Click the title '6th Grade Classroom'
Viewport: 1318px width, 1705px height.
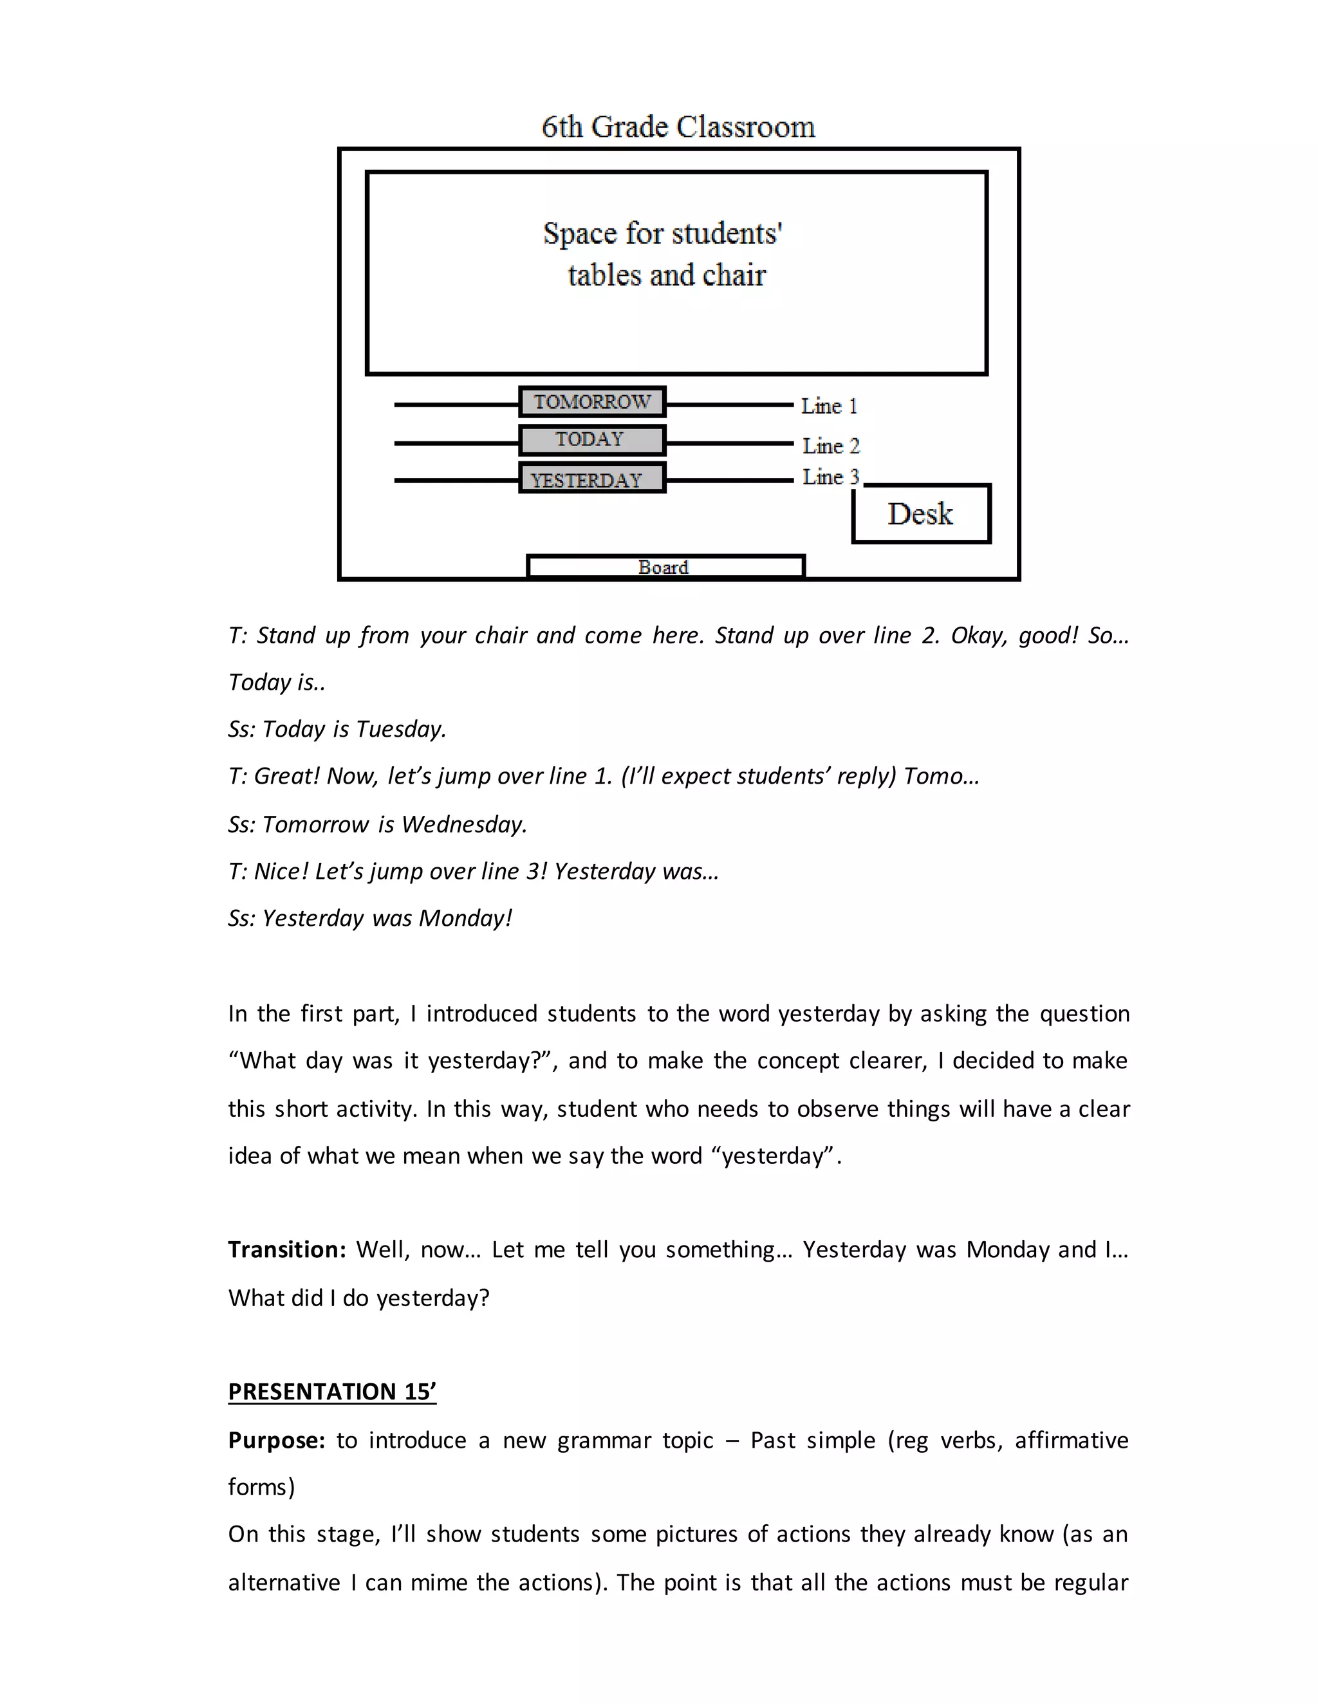pos(678,127)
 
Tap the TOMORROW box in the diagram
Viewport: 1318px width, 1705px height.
pos(592,402)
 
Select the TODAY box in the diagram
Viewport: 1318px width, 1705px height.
pos(592,439)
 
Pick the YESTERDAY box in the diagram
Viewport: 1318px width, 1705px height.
pos(592,479)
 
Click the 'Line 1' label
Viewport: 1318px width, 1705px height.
pos(828,406)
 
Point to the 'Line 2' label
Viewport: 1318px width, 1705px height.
pos(830,446)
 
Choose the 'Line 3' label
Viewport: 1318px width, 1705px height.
pos(830,477)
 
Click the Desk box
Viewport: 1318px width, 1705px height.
pos(920,513)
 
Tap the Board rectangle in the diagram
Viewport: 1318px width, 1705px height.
pos(664,567)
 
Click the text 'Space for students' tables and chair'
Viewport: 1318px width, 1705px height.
pos(664,253)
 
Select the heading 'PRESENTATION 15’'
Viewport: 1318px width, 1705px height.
pos(332,1391)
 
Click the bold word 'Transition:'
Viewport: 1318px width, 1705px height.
pos(286,1249)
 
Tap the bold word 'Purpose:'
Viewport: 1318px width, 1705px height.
pos(276,1439)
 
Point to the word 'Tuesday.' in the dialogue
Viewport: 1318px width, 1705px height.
pos(400,729)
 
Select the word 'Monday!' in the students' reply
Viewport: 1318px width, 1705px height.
pos(465,918)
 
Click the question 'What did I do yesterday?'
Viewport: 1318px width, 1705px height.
pos(358,1298)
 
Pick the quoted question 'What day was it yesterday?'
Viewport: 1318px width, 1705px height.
pos(391,1060)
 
